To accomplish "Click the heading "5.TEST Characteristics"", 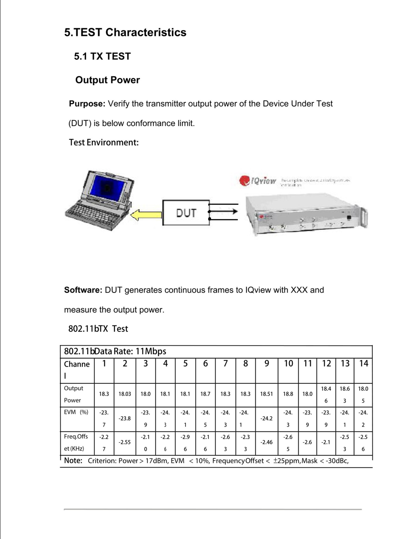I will [x=125, y=33].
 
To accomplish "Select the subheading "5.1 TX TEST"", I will [x=102, y=56].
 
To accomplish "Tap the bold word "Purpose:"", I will [x=87, y=104].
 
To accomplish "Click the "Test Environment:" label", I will [x=104, y=143].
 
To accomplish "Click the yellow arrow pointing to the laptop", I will [x=146, y=215].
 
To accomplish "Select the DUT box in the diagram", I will [x=186, y=213].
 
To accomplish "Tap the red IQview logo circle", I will [x=244, y=181].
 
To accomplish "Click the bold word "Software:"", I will [x=83, y=290].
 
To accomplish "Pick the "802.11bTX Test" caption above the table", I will [x=98, y=329].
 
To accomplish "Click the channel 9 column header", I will [x=267, y=364].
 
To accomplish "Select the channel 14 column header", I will [x=363, y=364].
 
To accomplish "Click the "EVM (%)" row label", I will [x=76, y=412].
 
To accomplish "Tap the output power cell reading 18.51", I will [x=266, y=394].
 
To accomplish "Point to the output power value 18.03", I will [x=125, y=394].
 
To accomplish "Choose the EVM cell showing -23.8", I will [x=125, y=419].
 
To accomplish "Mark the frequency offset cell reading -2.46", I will [x=266, y=442].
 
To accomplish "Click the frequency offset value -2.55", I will [x=125, y=442].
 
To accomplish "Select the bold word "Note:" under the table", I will [x=73, y=461].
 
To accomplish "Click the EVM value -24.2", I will [x=266, y=419].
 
